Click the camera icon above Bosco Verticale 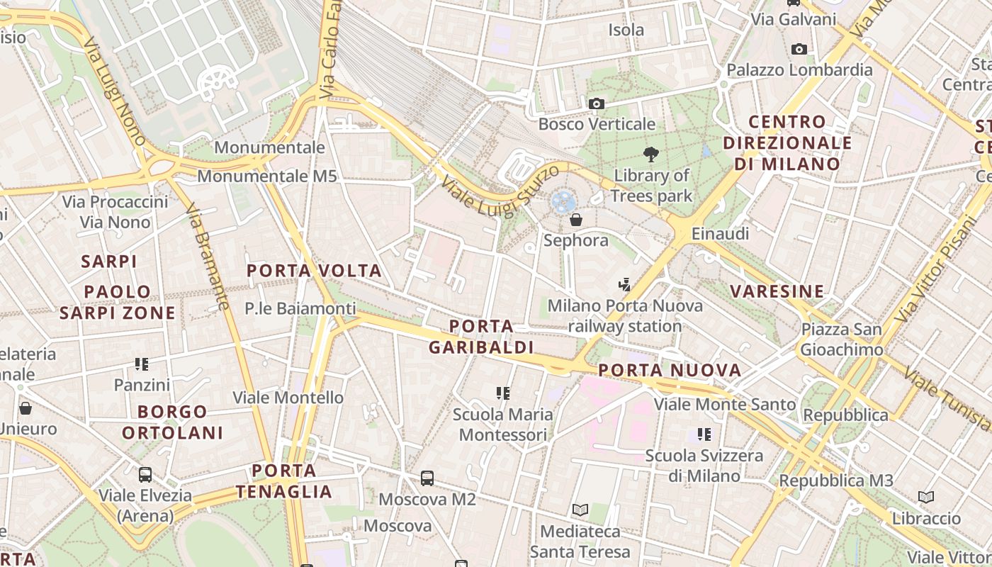coord(597,104)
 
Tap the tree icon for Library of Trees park coord(650,155)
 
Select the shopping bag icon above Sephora coord(576,220)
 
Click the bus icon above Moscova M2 coord(427,478)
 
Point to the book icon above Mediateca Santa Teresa coord(580,510)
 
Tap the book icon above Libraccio coord(926,498)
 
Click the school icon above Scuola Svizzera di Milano coord(704,434)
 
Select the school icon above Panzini coord(142,364)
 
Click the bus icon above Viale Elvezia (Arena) coord(145,475)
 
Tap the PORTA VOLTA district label coord(314,271)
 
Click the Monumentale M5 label coord(267,176)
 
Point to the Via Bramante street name coord(208,257)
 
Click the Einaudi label coord(720,234)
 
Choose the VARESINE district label coord(777,291)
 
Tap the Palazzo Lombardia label coord(800,70)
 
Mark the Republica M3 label coord(836,481)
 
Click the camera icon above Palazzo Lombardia coord(799,49)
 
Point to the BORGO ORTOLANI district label coord(172,422)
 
